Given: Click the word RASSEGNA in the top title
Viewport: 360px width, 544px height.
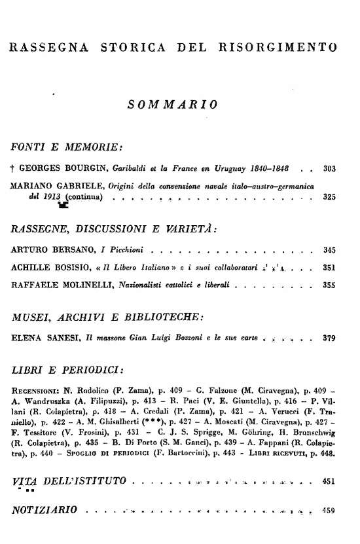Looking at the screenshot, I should coord(48,47).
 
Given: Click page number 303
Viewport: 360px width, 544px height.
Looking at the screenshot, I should coord(329,169).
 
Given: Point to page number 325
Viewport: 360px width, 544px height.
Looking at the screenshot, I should coord(329,196).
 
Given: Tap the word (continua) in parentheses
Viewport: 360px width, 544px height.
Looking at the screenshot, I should coord(85,196).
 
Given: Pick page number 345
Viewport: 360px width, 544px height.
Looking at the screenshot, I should coord(329,250).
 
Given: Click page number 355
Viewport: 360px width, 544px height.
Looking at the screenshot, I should coord(329,285).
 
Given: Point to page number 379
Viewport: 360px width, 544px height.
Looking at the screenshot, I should coord(329,338).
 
